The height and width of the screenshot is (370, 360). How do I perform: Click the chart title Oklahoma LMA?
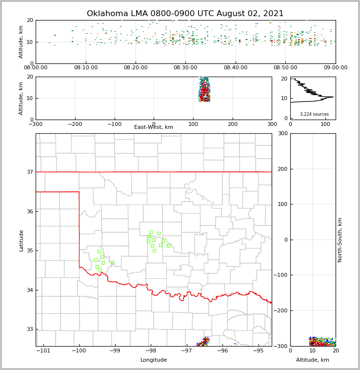pos(185,14)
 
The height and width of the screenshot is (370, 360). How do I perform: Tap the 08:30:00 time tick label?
pos(185,68)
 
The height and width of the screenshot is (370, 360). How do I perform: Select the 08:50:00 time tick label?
pos(285,68)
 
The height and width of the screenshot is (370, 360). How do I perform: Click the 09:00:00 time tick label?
pos(335,68)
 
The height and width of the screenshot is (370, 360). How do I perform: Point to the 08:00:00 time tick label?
pos(36,68)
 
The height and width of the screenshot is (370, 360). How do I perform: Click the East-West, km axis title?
pos(154,127)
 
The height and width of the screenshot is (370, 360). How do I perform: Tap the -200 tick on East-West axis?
pos(74,124)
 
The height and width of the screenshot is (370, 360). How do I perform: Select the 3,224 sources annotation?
pos(314,114)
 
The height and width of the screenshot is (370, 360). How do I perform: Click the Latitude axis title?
pos(21,240)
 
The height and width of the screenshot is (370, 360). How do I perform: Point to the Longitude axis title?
pos(154,360)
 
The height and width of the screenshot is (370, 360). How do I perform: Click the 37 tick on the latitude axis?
pos(29,172)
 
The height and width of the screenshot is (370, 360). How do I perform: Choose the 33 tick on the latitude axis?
pos(29,329)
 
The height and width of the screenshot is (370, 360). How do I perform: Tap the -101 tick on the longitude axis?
pos(43,350)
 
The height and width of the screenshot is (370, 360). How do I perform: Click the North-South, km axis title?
pos(340,240)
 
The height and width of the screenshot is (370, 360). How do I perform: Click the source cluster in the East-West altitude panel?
pos(204,89)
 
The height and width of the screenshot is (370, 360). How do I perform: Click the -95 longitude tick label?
pos(258,350)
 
